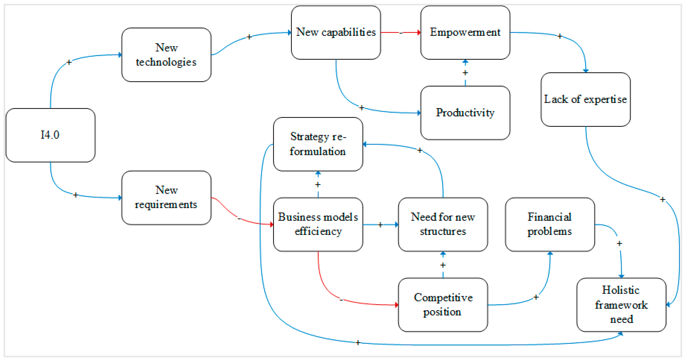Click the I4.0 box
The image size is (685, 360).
click(x=51, y=135)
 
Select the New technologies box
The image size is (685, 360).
click(x=166, y=55)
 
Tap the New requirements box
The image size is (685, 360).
click(x=166, y=198)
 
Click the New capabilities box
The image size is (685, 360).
click(x=336, y=32)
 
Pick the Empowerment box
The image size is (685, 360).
click(x=465, y=32)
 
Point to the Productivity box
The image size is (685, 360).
click(x=465, y=113)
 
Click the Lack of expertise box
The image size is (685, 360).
click(x=586, y=99)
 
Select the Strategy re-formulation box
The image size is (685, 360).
click(x=318, y=144)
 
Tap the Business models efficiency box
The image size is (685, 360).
click(x=318, y=224)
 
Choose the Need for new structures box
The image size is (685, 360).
click(x=443, y=224)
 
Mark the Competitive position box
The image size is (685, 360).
click(x=443, y=305)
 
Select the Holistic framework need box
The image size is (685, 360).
click(x=621, y=305)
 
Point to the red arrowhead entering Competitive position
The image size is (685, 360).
click(x=396, y=305)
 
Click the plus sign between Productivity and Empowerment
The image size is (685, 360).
click(x=465, y=73)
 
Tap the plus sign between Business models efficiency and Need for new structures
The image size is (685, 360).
click(x=380, y=225)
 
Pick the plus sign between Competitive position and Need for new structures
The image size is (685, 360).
click(x=443, y=265)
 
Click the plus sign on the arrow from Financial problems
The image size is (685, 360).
click(x=620, y=244)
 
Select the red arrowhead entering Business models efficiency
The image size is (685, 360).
click(x=272, y=224)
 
